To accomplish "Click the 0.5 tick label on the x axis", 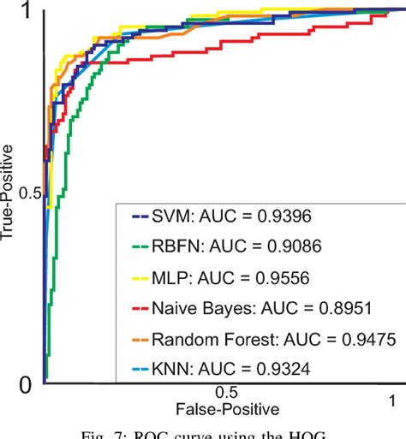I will click(x=228, y=391).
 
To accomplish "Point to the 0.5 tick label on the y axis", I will click(x=26, y=194).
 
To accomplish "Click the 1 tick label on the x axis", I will click(x=391, y=399).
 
